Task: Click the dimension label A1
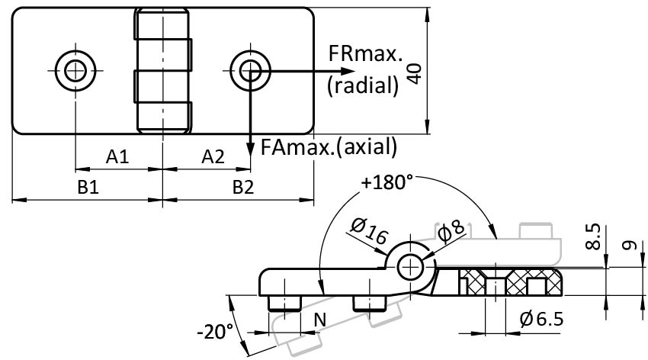[x=117, y=157]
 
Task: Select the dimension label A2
[x=213, y=157]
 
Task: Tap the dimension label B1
[x=89, y=188]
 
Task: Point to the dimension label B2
[x=242, y=188]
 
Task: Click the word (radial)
[x=362, y=85]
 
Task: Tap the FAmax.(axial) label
[x=329, y=144]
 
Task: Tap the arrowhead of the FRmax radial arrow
[x=318, y=71]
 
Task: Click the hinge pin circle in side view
[x=412, y=266]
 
